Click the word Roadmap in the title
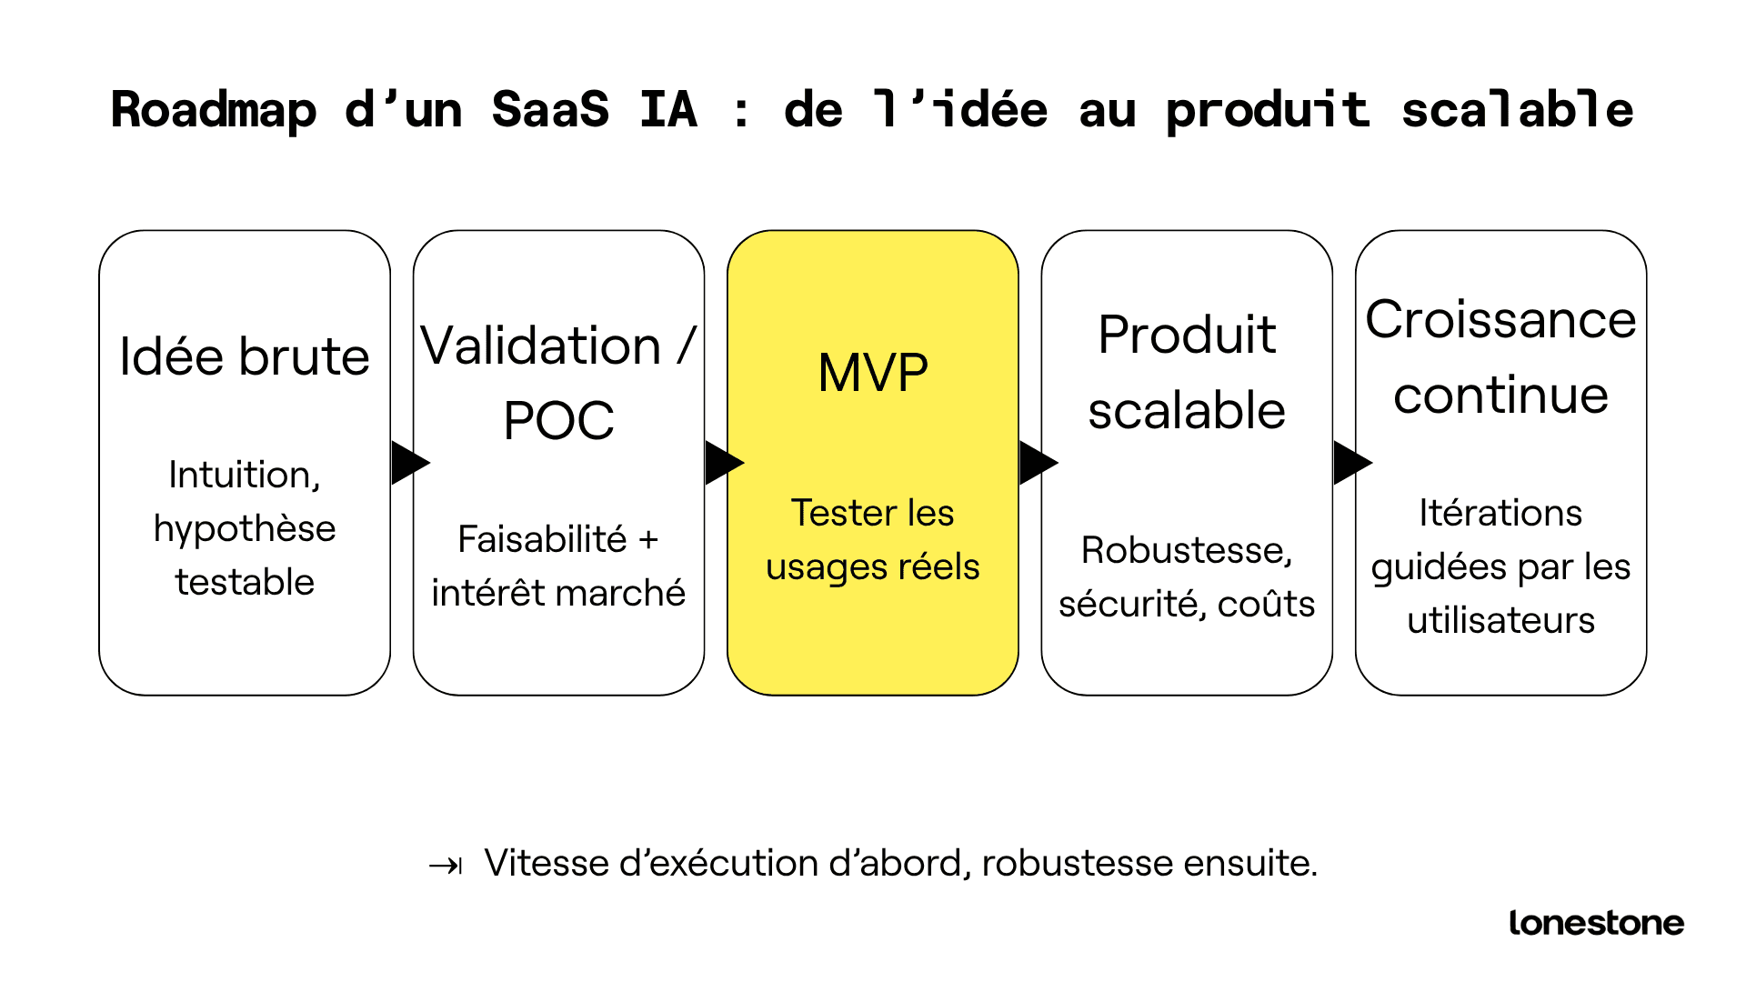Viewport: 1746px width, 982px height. coord(214,111)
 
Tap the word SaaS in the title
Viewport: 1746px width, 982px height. coord(550,111)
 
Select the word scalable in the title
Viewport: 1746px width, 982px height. coord(1517,111)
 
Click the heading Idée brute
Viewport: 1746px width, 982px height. coord(245,356)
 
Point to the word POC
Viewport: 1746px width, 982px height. coord(558,421)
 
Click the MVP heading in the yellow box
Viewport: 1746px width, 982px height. coord(873,373)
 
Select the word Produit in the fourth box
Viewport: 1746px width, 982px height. coord(1187,335)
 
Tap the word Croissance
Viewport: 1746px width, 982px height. coord(1500,320)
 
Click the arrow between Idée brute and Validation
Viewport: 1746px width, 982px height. coord(408,463)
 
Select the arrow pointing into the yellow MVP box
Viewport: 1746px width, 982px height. coord(723,463)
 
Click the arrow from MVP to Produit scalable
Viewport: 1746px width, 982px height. coord(1037,463)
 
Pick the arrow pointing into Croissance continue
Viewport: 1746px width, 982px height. coord(1351,463)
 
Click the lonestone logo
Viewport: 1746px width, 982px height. coord(1596,923)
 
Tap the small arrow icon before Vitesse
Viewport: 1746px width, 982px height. coord(446,865)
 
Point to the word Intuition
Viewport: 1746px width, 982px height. coord(245,476)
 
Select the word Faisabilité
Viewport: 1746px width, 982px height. coord(542,539)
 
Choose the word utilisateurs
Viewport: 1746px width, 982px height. coord(1500,620)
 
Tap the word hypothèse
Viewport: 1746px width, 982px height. coord(245,529)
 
